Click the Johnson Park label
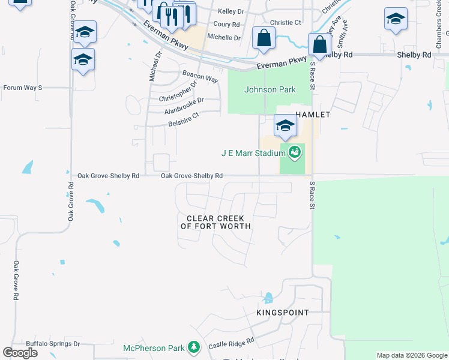270,89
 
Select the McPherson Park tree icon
193,347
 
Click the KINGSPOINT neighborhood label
282,313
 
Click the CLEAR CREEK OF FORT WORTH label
216,222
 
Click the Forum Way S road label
23,88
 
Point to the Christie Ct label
285,22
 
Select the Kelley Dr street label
231,11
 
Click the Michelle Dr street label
223,37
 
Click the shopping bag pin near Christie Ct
264,39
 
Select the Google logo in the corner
20,353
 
